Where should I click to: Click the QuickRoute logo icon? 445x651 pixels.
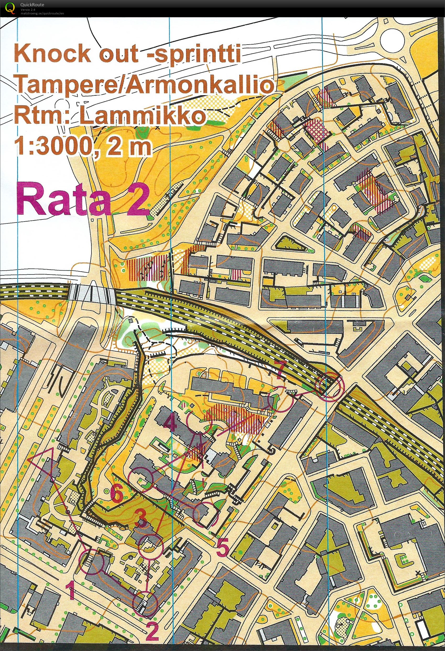(x=10, y=8)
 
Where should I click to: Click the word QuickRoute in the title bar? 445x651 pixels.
(x=32, y=5)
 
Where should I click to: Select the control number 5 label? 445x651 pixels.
(x=223, y=547)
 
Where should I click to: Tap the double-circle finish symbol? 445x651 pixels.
(x=329, y=385)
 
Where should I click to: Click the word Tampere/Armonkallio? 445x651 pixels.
(x=143, y=85)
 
